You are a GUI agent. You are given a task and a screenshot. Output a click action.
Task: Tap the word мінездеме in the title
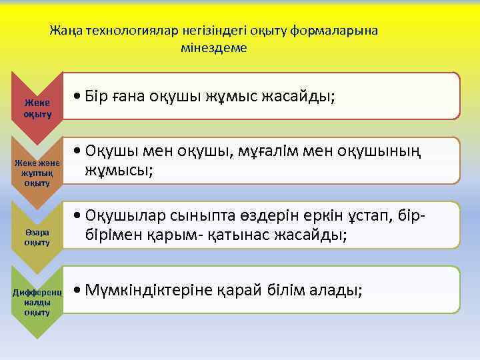pyautogui.click(x=213, y=48)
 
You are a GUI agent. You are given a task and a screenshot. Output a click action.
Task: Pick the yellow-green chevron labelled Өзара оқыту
pyautogui.click(x=37, y=237)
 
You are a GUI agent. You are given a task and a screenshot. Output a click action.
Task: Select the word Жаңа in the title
pyautogui.click(x=65, y=31)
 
